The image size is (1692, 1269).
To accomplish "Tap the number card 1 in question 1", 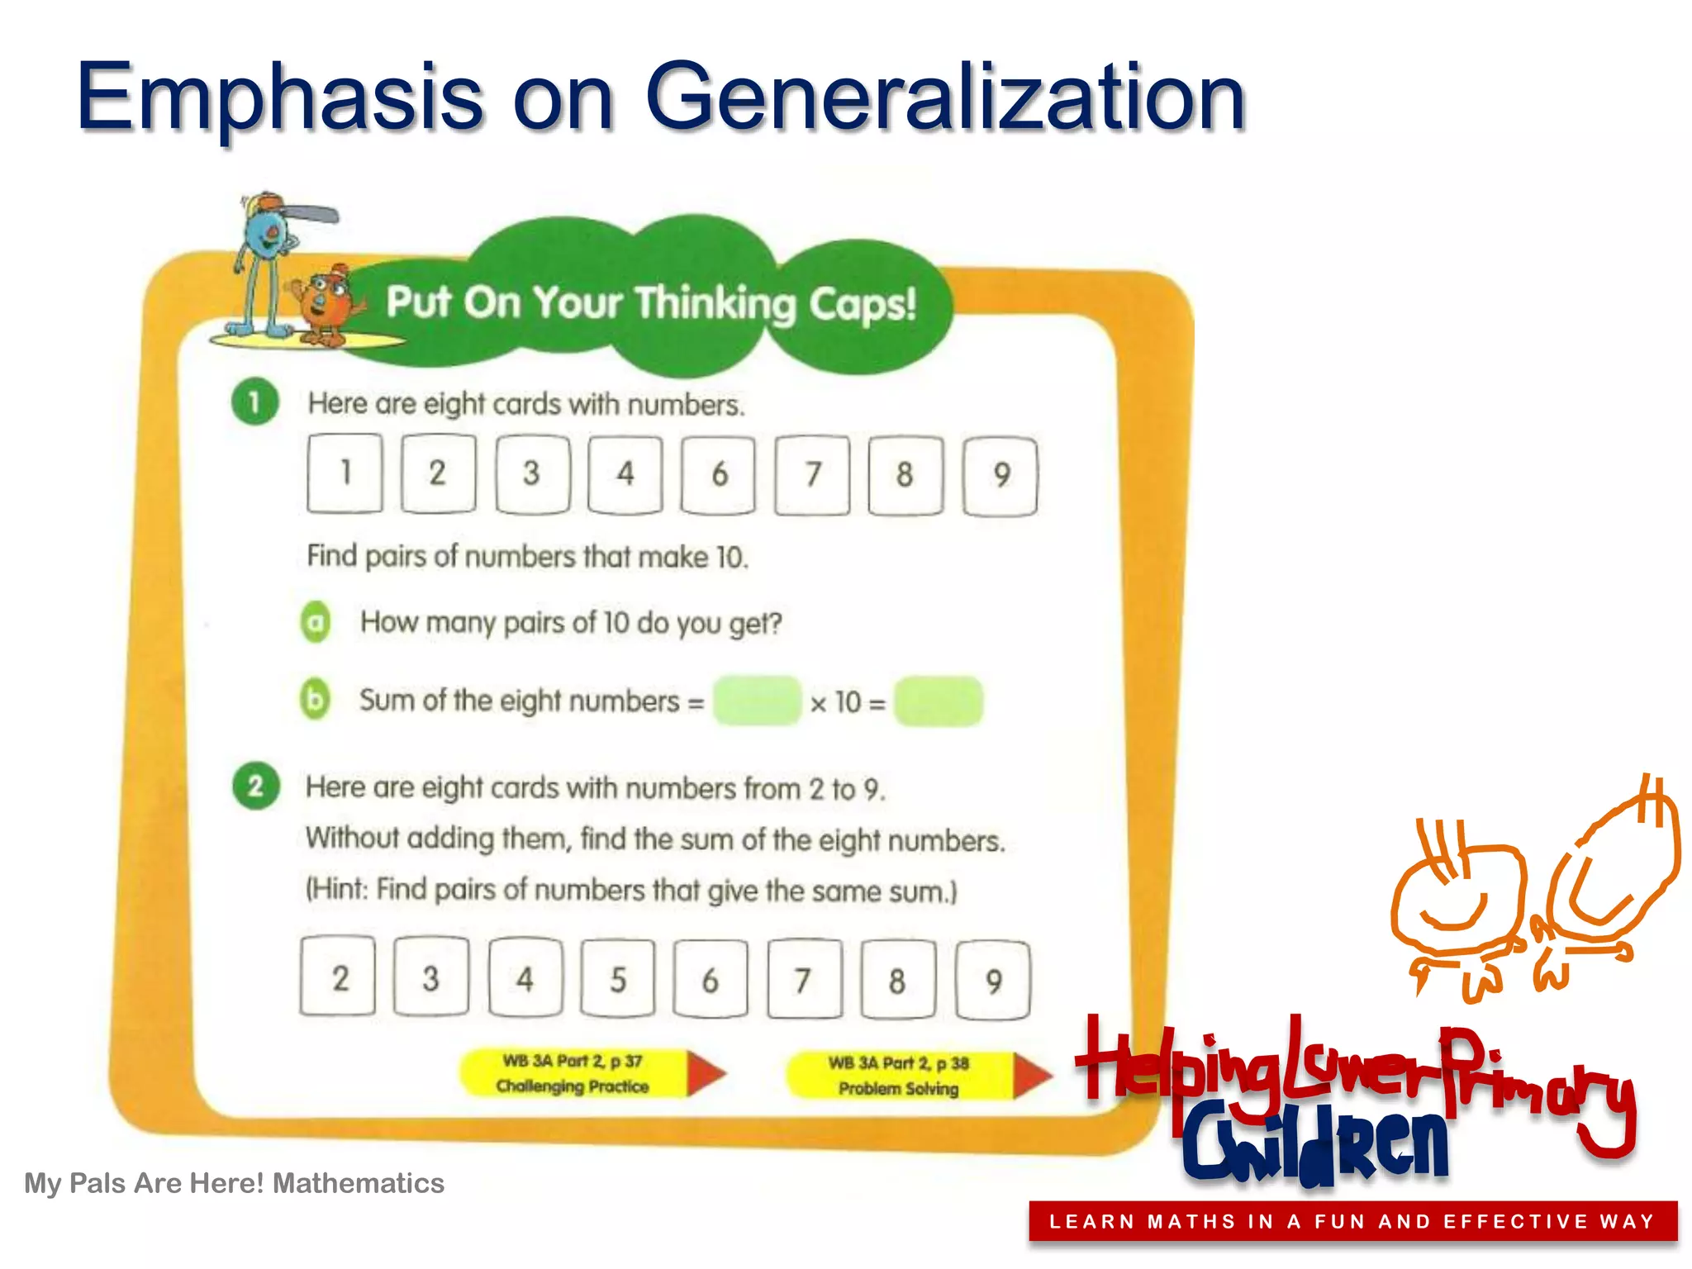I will [345, 473].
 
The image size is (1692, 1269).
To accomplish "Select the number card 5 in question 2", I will [618, 979].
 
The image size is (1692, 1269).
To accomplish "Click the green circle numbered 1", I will [255, 402].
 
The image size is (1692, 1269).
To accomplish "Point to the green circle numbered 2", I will [256, 785].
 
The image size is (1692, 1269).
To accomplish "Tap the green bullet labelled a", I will [315, 622].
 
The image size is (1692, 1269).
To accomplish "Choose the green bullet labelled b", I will [315, 700].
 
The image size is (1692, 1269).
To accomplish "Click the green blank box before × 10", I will [757, 701].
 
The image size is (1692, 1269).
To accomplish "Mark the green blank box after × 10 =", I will [939, 701].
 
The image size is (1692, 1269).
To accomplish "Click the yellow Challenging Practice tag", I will [573, 1073].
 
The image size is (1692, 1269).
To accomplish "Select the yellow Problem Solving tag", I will [899, 1076].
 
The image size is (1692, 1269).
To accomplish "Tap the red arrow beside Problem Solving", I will [1033, 1076].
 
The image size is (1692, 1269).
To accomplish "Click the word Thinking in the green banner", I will [715, 303].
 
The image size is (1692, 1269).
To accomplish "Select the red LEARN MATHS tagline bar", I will [1352, 1221].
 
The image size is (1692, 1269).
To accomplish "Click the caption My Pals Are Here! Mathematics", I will [234, 1183].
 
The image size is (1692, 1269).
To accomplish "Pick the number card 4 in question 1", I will [625, 474].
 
